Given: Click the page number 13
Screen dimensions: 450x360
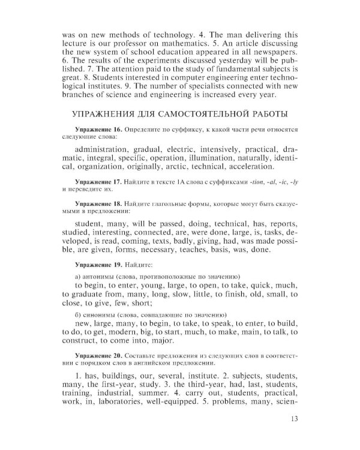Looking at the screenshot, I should point(293,419).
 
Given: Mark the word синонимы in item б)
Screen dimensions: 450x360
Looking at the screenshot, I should point(102,314).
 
